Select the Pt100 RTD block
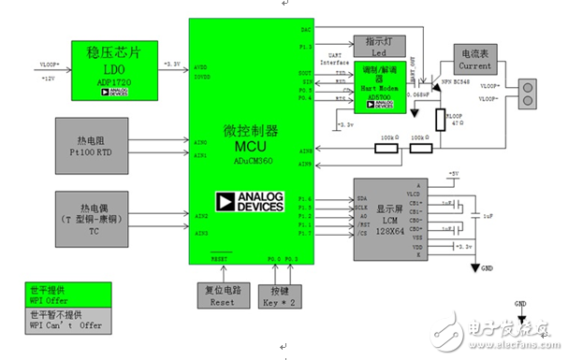click(112, 144)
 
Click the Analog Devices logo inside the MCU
click(248, 205)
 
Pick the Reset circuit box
click(221, 294)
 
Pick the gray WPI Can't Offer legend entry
click(68, 323)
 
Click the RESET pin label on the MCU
click(220, 256)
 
